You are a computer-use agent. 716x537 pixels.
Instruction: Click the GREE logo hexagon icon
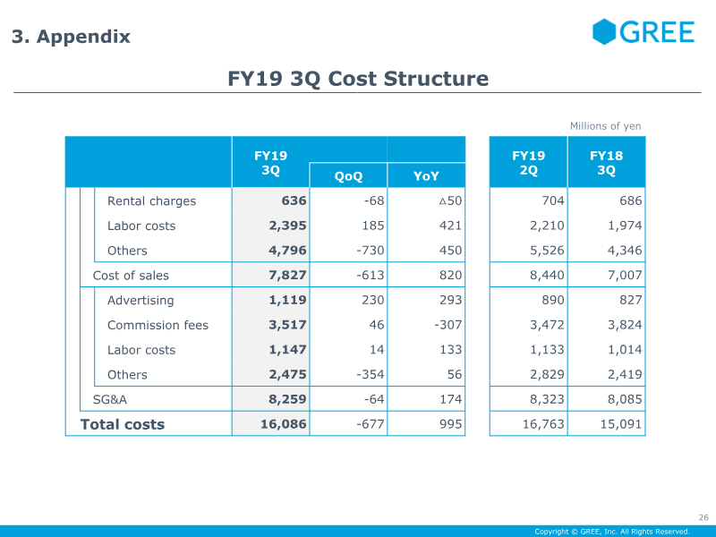pyautogui.click(x=605, y=32)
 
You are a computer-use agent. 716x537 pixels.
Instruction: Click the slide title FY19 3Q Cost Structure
pyautogui.click(x=358, y=79)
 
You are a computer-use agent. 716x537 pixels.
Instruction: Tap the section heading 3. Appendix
pyautogui.click(x=71, y=37)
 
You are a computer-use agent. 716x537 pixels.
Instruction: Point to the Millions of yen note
pyautogui.click(x=605, y=126)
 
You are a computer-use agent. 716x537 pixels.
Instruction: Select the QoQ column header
pyautogui.click(x=348, y=176)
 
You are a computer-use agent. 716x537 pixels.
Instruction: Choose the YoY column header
pyautogui.click(x=426, y=176)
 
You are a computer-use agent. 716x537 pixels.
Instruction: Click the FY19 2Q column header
pyautogui.click(x=528, y=162)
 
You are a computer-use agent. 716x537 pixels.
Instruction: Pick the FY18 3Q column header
pyautogui.click(x=606, y=162)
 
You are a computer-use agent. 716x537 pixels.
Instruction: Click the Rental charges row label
pyautogui.click(x=151, y=200)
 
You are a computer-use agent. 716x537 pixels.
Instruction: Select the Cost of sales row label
pyautogui.click(x=131, y=276)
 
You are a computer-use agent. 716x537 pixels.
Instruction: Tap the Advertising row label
pyautogui.click(x=141, y=301)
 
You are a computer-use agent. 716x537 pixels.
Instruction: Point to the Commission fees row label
pyautogui.click(x=158, y=325)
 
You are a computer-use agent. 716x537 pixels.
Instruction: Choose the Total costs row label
pyautogui.click(x=123, y=424)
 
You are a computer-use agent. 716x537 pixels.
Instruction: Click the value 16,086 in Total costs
pyautogui.click(x=284, y=424)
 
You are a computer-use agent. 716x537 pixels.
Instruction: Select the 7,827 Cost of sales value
pyautogui.click(x=288, y=276)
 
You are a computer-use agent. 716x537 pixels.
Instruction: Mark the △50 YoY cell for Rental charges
pyautogui.click(x=450, y=200)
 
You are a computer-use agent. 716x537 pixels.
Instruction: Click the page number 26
pyautogui.click(x=703, y=517)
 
